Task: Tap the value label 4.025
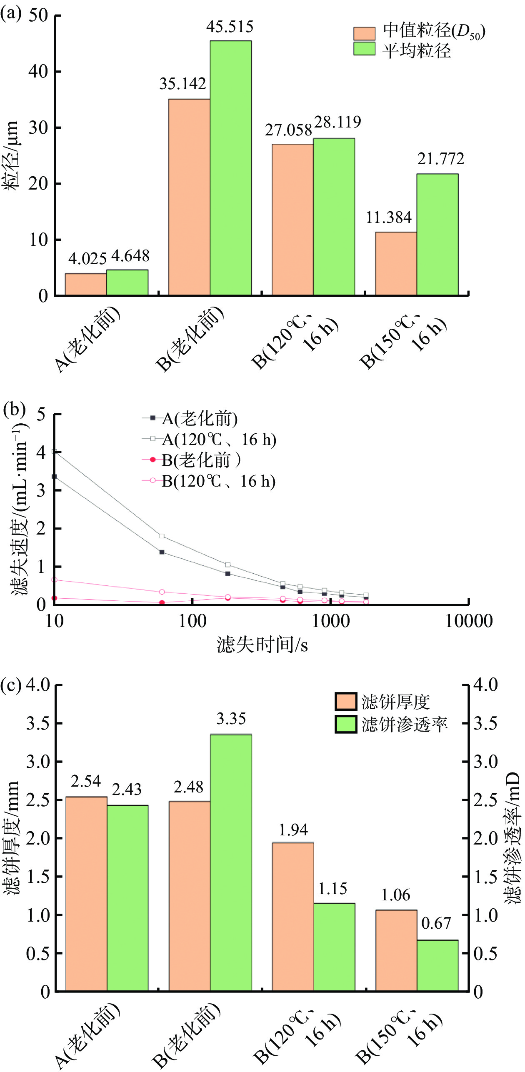tap(87, 259)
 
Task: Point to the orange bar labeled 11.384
tap(396, 263)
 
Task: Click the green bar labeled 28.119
tap(334, 217)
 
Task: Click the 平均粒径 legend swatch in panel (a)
tap(364, 49)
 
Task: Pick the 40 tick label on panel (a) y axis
tap(38, 71)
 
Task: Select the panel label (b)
tap(14, 410)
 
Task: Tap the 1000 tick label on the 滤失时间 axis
tap(331, 621)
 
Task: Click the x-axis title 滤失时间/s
tap(262, 645)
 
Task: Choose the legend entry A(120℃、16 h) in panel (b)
tap(219, 440)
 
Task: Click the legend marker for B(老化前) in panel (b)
tap(152, 460)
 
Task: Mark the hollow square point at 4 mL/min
tap(54, 452)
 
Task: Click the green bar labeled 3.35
tap(231, 862)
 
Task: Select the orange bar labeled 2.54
tap(86, 894)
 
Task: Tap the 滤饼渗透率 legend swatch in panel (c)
tap(346, 724)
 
